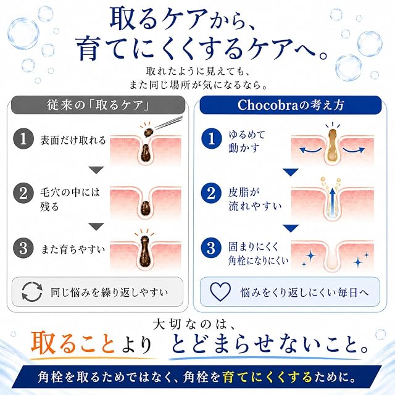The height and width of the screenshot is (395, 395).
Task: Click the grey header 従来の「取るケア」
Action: tap(98, 105)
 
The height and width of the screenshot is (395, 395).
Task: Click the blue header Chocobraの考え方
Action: tap(291, 105)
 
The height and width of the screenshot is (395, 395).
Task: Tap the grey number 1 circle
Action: tap(23, 139)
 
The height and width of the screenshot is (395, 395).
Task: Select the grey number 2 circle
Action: tap(23, 193)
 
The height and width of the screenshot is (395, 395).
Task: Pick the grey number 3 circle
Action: tap(23, 248)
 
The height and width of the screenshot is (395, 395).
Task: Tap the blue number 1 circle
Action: tap(212, 139)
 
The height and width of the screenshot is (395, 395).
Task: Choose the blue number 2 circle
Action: tap(212, 193)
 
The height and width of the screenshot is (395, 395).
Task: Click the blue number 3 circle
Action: tap(212, 248)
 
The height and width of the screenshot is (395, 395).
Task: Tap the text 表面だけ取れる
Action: tap(73, 140)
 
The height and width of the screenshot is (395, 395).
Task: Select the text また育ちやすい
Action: tap(73, 249)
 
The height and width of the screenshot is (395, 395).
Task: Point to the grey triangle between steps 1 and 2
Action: tap(96, 170)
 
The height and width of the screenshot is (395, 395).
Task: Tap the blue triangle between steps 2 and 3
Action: tap(291, 228)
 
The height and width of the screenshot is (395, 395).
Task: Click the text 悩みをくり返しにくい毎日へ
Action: tap(305, 293)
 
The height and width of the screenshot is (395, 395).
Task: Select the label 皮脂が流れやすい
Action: tap(255, 199)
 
